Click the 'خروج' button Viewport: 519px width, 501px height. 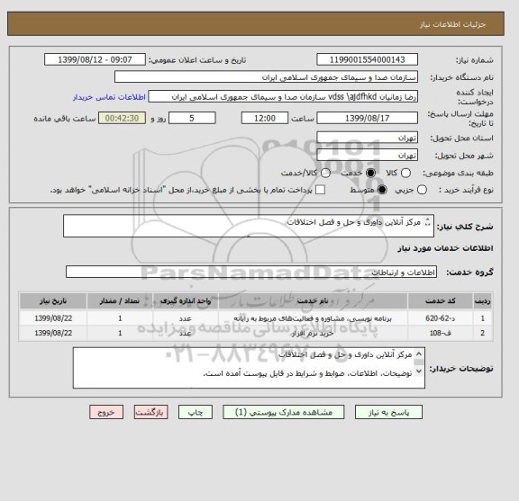tap(106, 411)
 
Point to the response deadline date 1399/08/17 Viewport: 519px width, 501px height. tap(361, 117)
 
